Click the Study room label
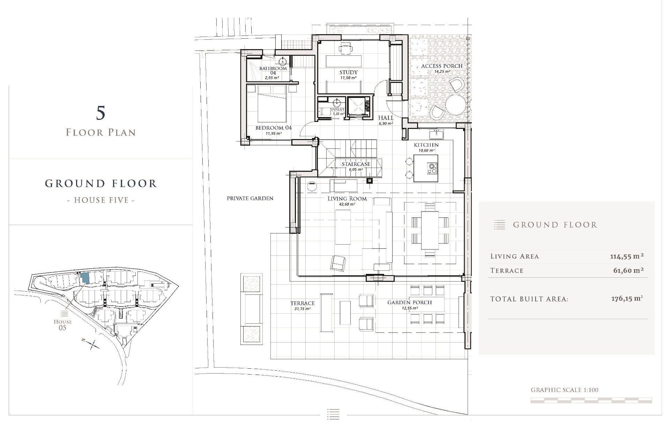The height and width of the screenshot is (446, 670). (348, 72)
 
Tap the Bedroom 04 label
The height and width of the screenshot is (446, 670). (273, 128)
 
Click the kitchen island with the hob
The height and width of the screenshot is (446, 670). (426, 169)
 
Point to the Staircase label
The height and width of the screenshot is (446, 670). (356, 164)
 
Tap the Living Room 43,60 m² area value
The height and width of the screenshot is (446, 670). (347, 205)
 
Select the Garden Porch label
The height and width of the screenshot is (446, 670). (409, 302)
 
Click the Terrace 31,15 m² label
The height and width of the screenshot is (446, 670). (302, 303)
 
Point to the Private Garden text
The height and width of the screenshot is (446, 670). (250, 198)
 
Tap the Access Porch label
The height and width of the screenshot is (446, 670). (441, 66)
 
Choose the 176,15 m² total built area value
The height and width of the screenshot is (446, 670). (627, 299)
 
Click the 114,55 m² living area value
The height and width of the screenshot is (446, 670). (627, 256)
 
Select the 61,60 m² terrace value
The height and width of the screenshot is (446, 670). (628, 270)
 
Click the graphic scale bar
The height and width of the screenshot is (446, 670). (591, 401)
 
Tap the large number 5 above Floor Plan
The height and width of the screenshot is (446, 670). (100, 113)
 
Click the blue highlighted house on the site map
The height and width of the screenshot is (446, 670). (85, 278)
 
